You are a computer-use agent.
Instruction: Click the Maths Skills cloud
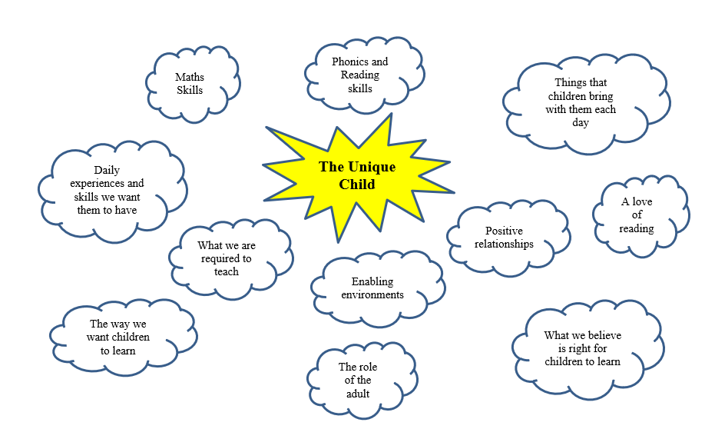tap(190, 84)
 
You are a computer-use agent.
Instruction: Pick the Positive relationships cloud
tap(504, 238)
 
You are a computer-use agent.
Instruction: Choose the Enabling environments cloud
tap(377, 288)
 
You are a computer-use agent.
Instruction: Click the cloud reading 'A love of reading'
tap(637, 215)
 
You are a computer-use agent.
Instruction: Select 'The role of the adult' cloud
tap(358, 380)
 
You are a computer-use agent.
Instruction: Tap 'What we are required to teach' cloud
tap(227, 258)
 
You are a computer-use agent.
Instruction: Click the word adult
tap(358, 394)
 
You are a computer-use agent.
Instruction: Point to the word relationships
tap(504, 244)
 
